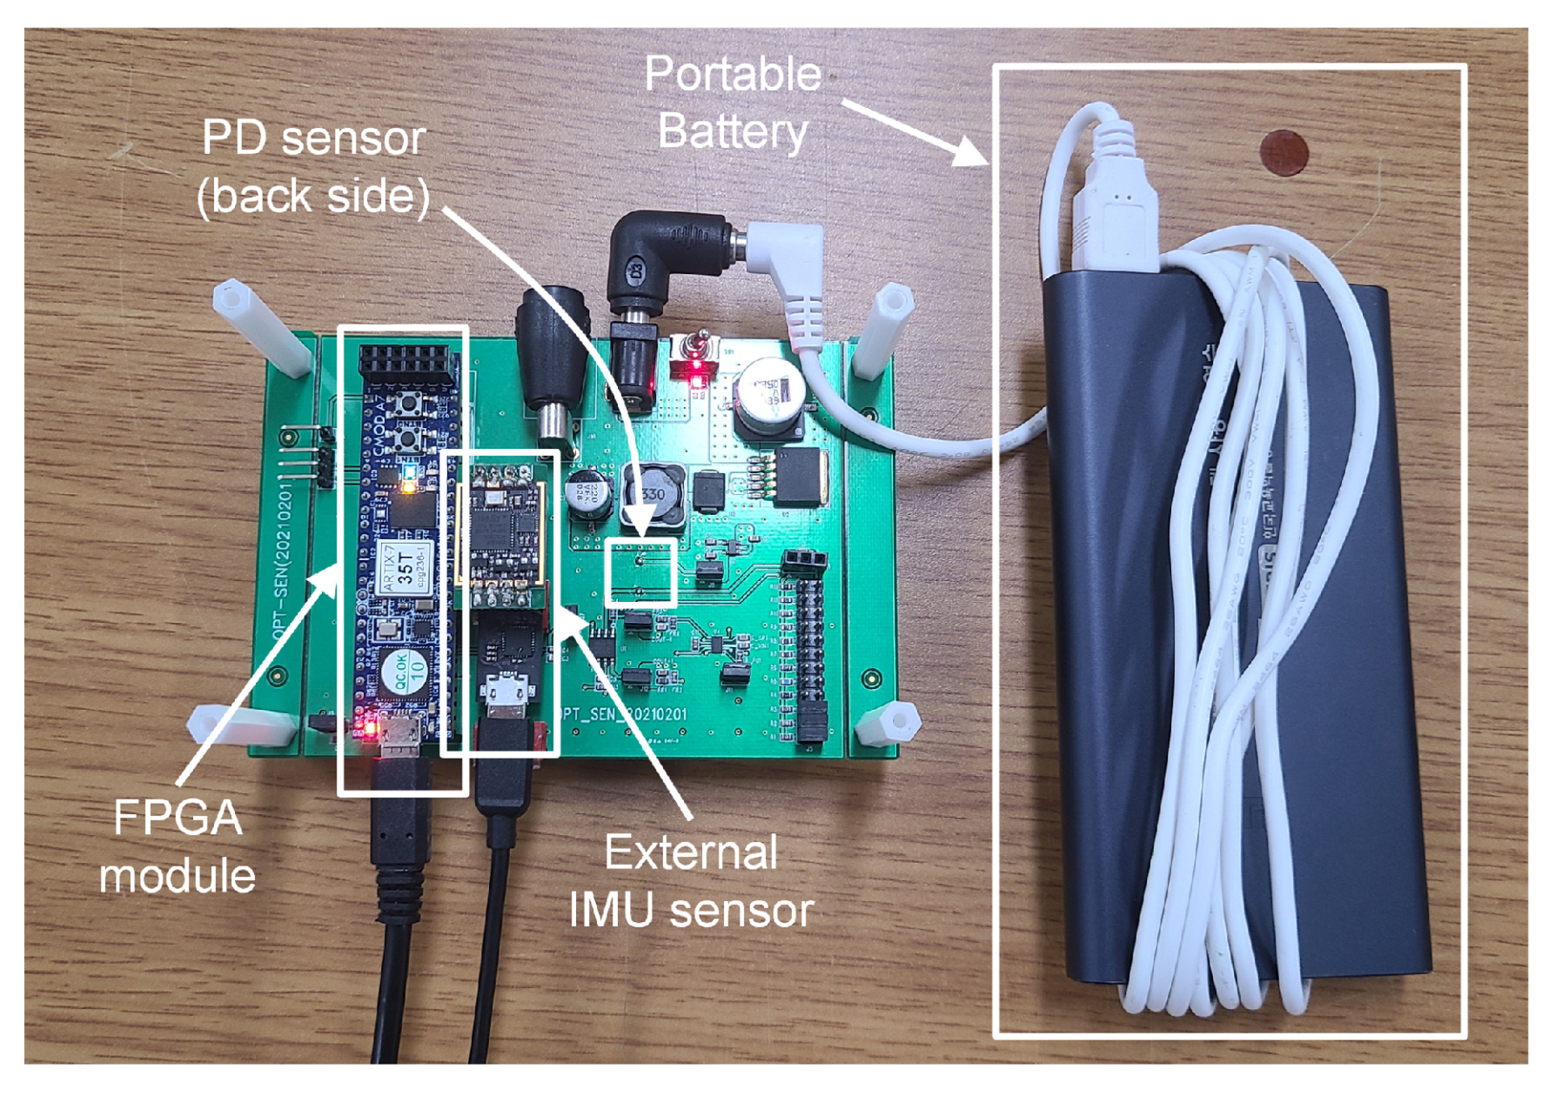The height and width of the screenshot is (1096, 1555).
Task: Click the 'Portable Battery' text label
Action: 733,103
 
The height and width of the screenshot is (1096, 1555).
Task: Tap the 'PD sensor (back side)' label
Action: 313,167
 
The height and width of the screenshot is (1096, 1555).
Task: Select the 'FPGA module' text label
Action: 178,846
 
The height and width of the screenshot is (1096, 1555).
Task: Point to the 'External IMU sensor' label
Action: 691,881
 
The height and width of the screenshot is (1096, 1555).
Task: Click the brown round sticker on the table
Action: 1283,153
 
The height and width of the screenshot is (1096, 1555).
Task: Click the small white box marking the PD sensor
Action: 641,571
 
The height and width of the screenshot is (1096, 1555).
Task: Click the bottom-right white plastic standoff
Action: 888,723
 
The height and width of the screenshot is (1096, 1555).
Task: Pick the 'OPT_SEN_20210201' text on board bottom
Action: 620,715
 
